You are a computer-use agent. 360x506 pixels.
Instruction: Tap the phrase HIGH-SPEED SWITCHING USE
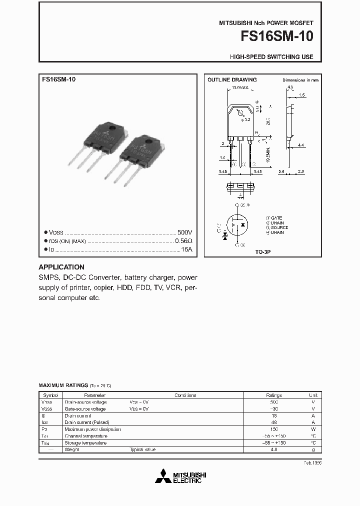click(x=271, y=57)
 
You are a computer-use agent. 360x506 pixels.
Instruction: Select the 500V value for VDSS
click(x=184, y=232)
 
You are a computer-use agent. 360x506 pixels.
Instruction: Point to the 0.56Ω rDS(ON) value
click(x=183, y=240)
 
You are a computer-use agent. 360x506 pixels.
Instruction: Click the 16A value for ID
click(x=187, y=248)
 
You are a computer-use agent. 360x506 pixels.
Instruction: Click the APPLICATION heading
click(x=61, y=267)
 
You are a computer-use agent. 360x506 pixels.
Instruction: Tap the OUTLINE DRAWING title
click(x=232, y=79)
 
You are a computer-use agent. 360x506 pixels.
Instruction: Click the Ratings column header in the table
click(x=274, y=395)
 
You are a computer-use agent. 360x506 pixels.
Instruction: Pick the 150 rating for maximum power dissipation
click(x=274, y=429)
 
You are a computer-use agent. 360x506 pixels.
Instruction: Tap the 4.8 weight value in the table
click(x=274, y=449)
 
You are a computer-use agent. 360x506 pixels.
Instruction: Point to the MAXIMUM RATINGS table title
click(x=63, y=386)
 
